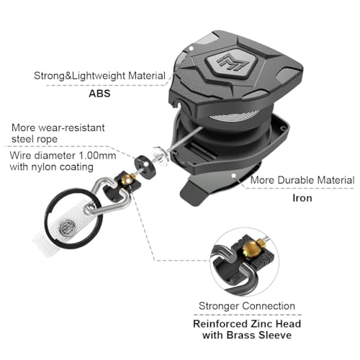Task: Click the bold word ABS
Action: point(99,94)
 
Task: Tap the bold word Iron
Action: point(302,198)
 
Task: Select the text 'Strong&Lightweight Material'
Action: point(99,76)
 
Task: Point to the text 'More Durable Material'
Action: point(302,180)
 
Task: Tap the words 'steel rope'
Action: point(35,139)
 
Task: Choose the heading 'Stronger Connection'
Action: point(247,306)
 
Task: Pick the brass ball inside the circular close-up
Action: point(249,249)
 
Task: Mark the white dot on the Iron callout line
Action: point(233,175)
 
